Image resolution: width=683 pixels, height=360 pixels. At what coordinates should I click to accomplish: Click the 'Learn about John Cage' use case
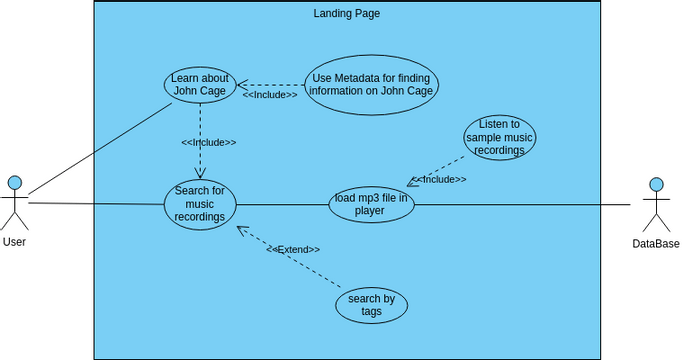200,85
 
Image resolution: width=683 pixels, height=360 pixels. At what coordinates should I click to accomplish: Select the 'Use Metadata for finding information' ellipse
371,85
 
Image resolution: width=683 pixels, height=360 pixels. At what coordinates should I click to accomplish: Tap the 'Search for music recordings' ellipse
200,204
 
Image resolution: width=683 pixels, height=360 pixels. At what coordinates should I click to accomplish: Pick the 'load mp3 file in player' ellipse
371,204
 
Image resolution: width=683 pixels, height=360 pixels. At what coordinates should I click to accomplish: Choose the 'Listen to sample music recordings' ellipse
499,137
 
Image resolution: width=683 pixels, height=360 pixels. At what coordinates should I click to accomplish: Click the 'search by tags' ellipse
371,305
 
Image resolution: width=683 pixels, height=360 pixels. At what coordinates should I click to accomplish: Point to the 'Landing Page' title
346,14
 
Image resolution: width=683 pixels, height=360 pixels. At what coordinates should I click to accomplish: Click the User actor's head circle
14,182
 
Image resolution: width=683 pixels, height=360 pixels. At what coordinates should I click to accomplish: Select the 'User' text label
14,242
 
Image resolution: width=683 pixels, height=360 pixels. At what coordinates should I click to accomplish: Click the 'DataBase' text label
655,244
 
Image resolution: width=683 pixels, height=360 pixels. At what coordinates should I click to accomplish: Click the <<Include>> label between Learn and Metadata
270,95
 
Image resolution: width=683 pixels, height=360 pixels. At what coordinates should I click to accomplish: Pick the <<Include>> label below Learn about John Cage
208,142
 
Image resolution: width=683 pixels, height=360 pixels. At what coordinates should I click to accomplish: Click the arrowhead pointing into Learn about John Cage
243,86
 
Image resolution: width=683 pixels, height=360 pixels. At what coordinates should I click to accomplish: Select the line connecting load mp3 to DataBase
520,204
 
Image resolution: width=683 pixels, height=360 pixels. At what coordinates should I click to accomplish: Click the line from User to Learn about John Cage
100,149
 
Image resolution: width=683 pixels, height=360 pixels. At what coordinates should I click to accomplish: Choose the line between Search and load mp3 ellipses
282,204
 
